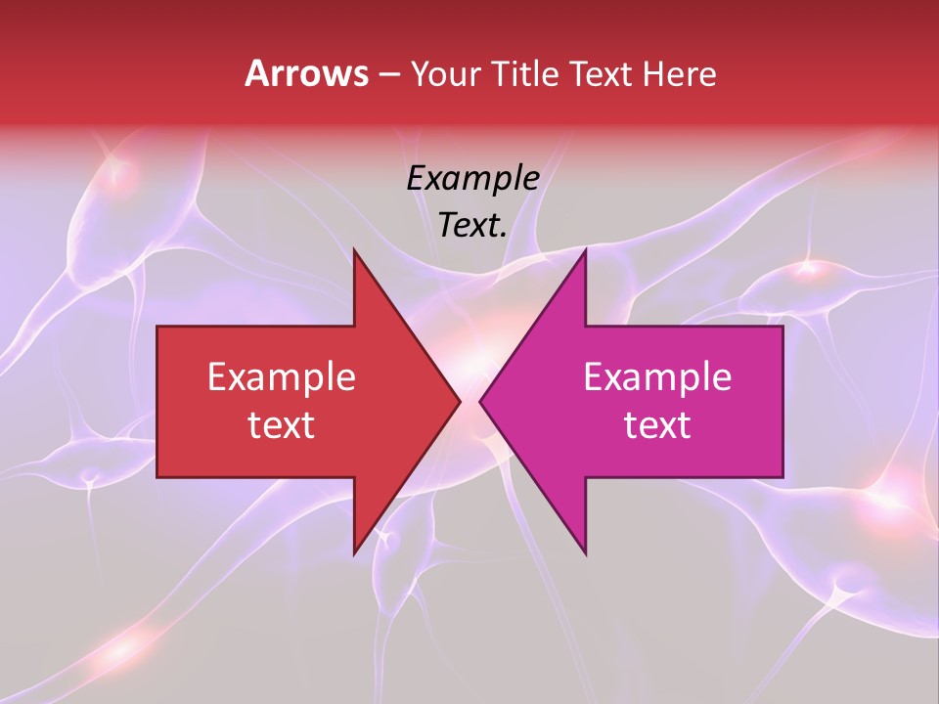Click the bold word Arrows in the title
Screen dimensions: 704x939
[307, 73]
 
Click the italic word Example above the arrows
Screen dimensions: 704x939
[472, 179]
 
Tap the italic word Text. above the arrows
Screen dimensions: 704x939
[472, 226]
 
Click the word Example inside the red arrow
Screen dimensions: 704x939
[282, 377]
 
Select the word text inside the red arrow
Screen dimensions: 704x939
[282, 425]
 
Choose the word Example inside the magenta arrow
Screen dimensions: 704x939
[657, 377]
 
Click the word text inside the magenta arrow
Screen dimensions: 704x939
[657, 425]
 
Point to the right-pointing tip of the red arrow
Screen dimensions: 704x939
[460, 401]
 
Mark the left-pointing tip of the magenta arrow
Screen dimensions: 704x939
[479, 401]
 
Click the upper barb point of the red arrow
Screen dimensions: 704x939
[353, 248]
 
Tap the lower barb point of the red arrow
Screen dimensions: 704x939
[353, 554]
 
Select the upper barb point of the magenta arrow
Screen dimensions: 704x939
[586, 248]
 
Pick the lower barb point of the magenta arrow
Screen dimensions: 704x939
[586, 554]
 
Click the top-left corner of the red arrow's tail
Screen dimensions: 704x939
[157, 326]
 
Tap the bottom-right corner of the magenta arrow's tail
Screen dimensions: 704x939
[782, 477]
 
